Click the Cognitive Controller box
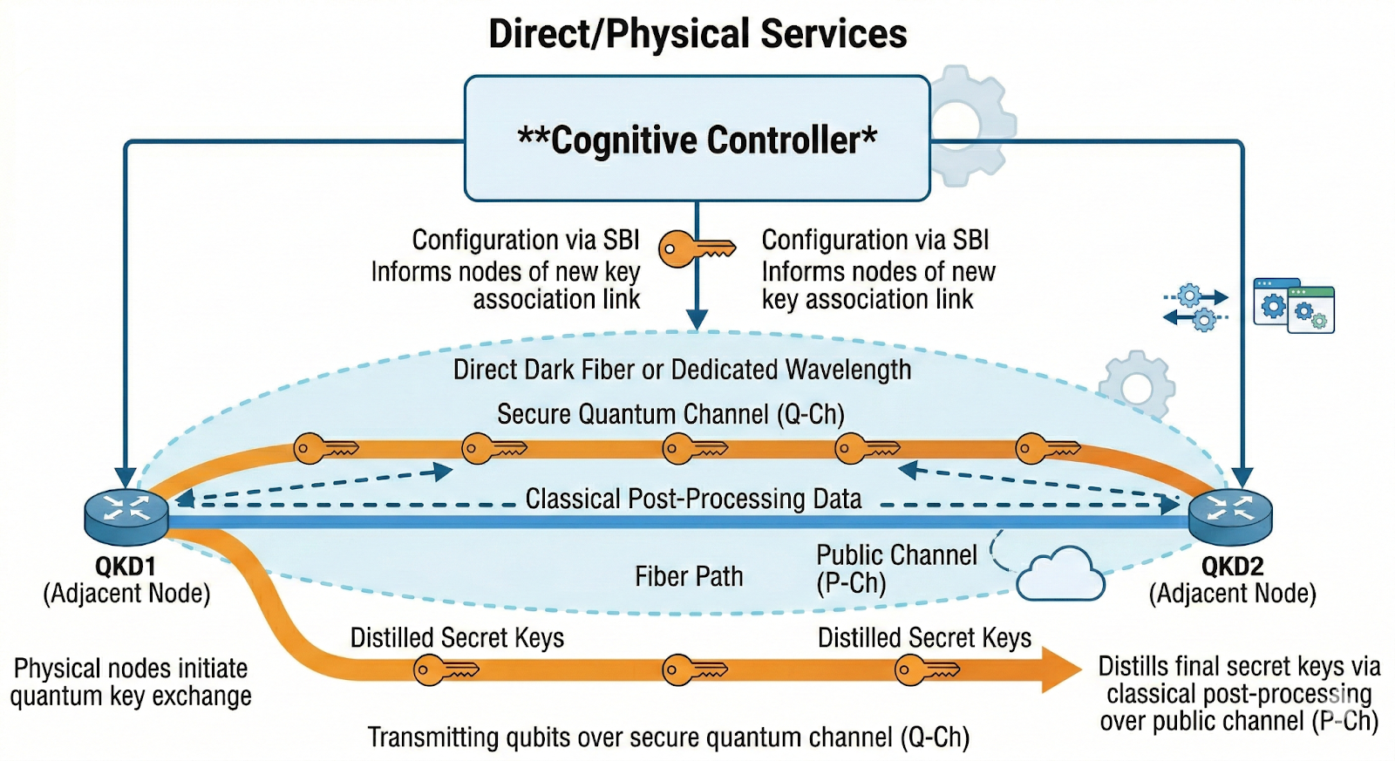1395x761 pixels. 697,139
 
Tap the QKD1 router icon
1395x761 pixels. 126,513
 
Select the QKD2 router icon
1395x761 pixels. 1230,515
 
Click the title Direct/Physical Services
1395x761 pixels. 697,34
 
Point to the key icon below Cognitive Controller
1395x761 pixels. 696,249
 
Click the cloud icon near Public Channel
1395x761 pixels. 1060,574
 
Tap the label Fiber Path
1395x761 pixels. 689,576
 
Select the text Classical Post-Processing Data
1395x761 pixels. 693,499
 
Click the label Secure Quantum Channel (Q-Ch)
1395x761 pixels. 670,414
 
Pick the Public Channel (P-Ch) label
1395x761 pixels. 895,568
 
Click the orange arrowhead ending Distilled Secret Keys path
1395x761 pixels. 1063,670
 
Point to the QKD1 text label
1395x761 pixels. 126,567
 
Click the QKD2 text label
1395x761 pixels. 1232,567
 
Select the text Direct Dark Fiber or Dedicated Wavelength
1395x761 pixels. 682,370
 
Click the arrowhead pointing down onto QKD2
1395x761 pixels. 1242,478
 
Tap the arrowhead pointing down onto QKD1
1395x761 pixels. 126,478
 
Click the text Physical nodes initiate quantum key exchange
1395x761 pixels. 131,682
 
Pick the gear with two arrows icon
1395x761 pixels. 1195,307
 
